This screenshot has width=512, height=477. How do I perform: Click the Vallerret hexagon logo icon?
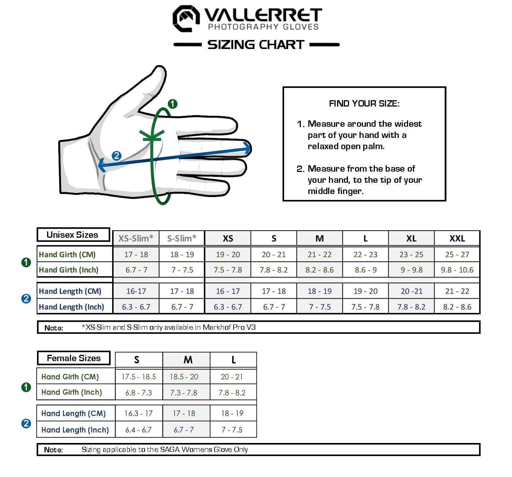[185, 18]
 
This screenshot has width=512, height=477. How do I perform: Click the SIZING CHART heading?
[256, 45]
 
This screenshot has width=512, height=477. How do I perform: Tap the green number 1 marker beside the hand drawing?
[172, 104]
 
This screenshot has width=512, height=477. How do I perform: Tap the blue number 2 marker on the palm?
[117, 156]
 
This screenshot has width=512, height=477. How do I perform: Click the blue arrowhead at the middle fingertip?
[247, 148]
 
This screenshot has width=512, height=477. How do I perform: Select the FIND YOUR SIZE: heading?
[364, 104]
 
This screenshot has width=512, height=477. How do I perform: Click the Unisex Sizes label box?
[73, 235]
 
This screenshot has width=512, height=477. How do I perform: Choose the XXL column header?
[457, 238]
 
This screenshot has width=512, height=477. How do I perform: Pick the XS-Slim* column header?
[136, 238]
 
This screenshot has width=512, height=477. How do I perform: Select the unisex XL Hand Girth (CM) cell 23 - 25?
[411, 255]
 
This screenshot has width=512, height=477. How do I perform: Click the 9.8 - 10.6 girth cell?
[457, 270]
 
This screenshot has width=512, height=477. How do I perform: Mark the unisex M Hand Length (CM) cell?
[320, 291]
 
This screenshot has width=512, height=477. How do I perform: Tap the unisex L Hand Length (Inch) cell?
[366, 307]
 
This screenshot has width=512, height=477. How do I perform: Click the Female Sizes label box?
[74, 358]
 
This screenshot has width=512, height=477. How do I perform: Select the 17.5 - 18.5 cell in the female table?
[139, 377]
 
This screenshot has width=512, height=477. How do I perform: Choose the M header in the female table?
[188, 360]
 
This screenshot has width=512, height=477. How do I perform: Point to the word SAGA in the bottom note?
[168, 450]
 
